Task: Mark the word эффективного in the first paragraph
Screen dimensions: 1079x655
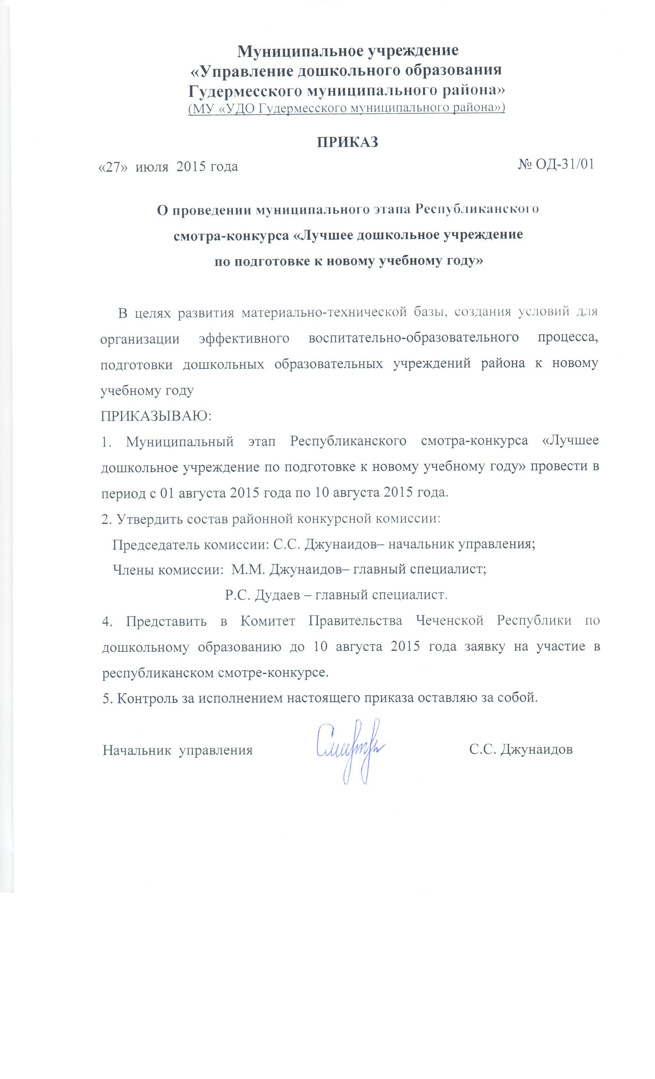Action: pyautogui.click(x=244, y=339)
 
